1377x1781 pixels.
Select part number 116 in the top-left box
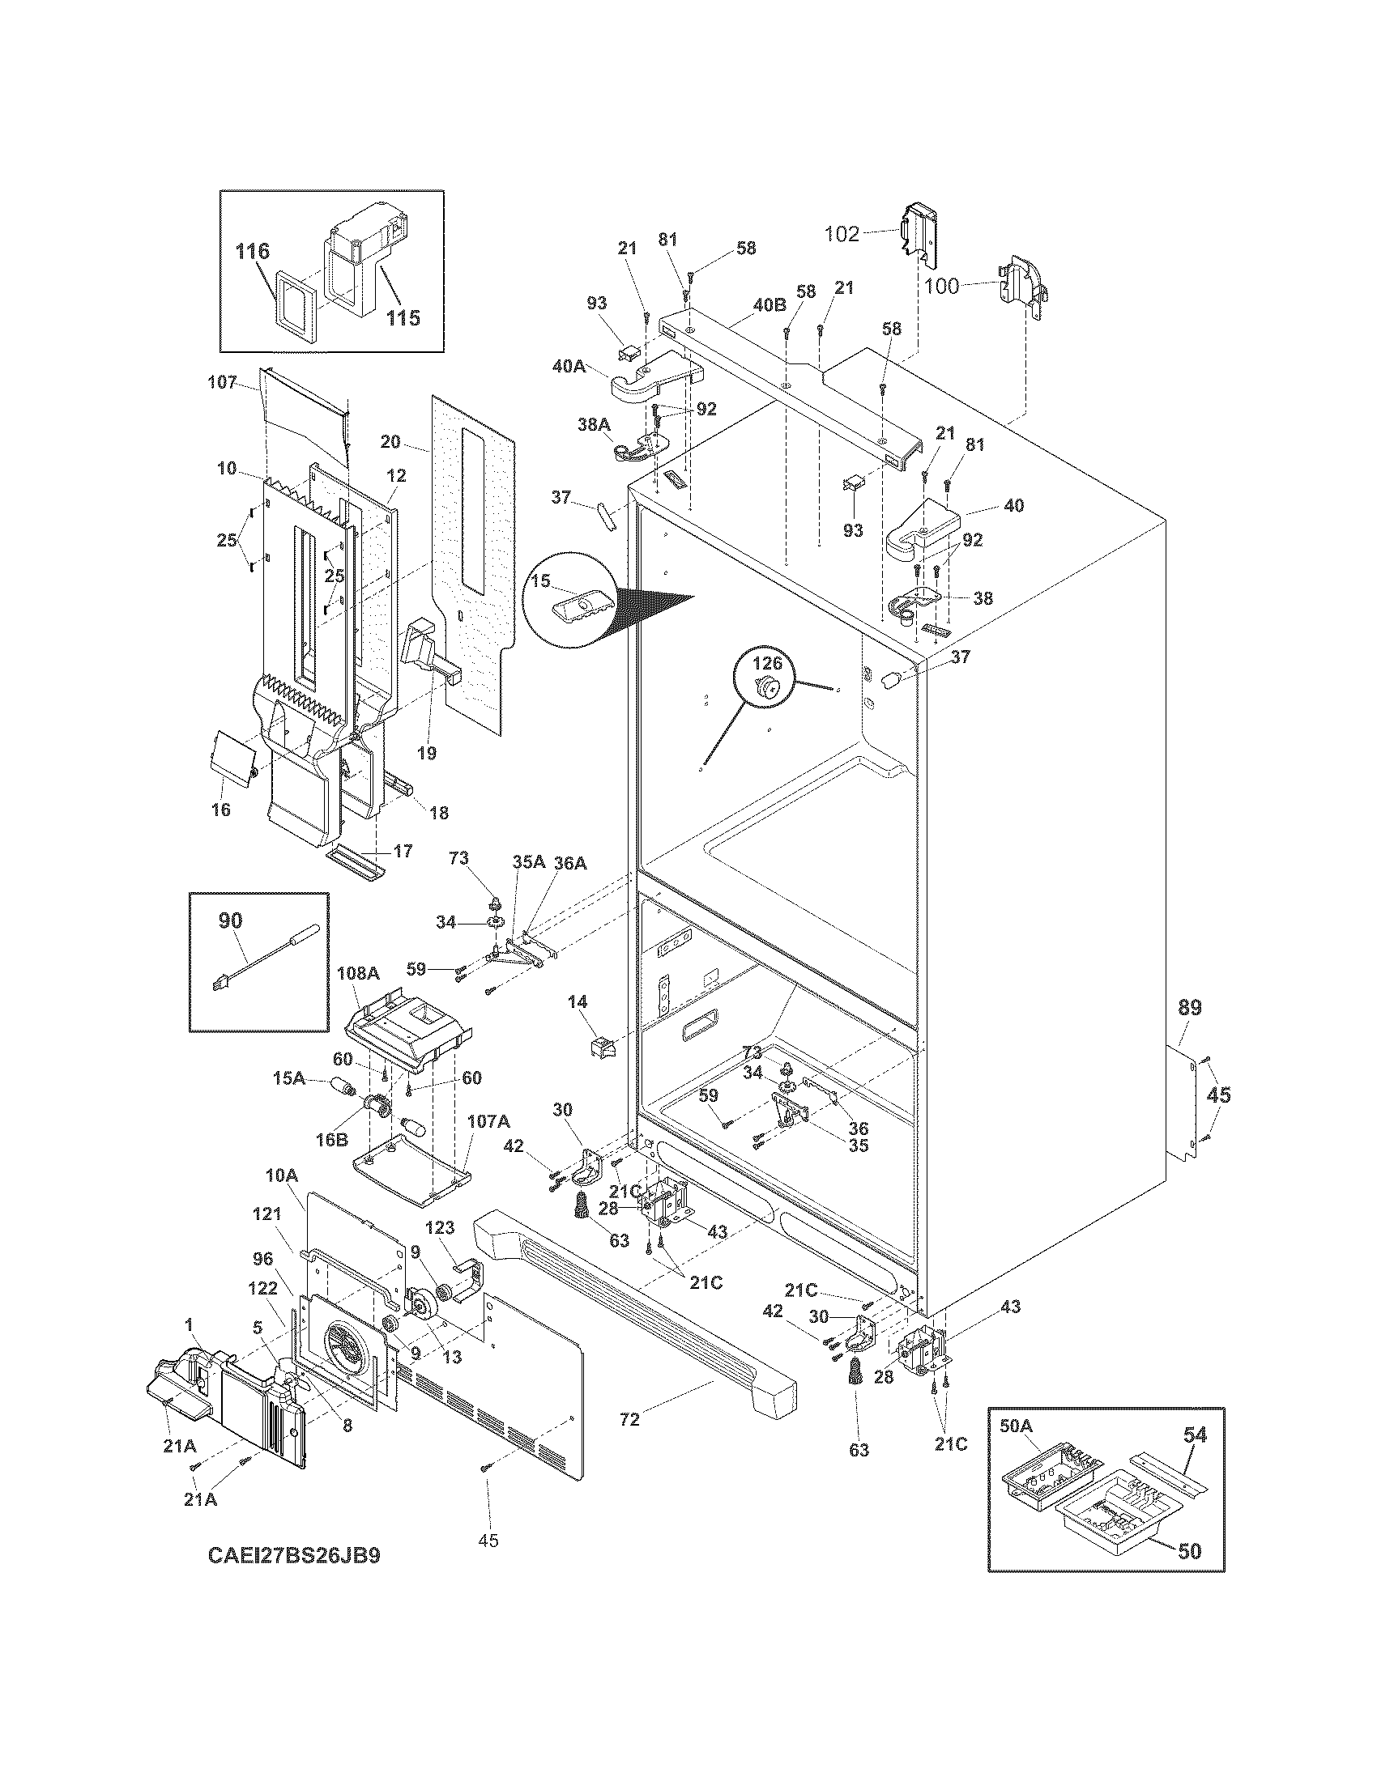[x=253, y=251]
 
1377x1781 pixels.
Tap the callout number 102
[x=842, y=234]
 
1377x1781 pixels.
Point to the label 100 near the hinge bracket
[x=942, y=287]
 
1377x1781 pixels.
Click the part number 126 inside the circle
[x=766, y=664]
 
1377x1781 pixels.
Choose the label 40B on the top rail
[x=769, y=305]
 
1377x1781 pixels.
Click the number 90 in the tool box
[x=230, y=920]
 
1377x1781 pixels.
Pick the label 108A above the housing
[x=358, y=973]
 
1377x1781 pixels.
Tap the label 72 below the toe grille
[x=629, y=1420]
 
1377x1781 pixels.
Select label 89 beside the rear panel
[x=1189, y=1008]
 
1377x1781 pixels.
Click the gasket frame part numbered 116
[x=299, y=306]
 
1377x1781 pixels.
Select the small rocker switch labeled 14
[x=601, y=1045]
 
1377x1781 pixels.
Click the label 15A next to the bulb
[x=289, y=1078]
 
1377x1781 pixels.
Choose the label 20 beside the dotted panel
[x=390, y=441]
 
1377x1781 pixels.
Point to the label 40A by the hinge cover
[x=569, y=367]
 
